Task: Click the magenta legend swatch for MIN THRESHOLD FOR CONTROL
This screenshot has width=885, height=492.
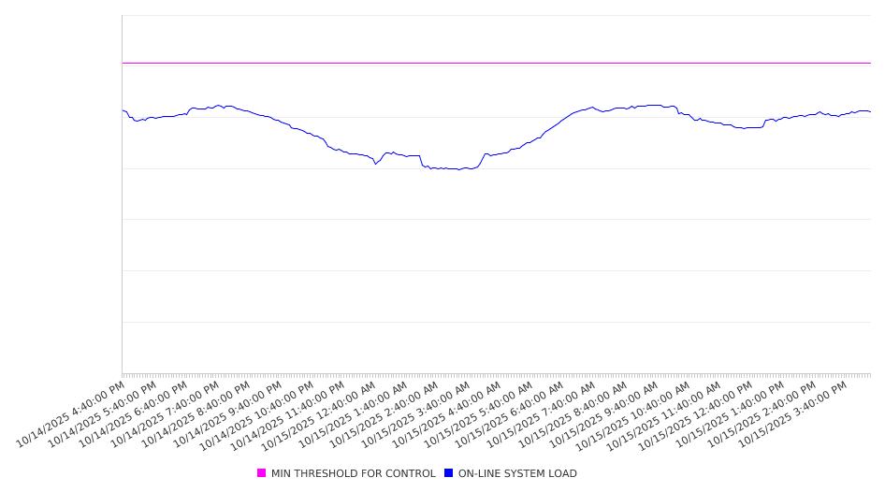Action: (261, 473)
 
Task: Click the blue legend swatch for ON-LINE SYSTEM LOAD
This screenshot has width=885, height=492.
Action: (448, 473)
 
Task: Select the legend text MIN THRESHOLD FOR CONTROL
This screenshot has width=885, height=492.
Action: (353, 473)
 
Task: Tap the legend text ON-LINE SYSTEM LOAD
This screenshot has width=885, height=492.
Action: (517, 473)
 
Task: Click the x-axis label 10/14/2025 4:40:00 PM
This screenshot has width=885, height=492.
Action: (71, 413)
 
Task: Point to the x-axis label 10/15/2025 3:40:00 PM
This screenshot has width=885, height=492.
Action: (793, 413)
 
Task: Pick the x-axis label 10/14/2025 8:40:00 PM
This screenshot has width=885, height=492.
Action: (196, 413)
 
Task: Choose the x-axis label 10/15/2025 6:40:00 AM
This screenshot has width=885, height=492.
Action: (511, 413)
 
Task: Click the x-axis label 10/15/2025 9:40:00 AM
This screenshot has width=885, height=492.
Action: (605, 413)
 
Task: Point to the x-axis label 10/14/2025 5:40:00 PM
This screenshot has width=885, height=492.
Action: (103, 413)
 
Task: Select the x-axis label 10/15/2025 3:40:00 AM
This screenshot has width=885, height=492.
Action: (416, 413)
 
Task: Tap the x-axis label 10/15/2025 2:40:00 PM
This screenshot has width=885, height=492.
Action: (762, 413)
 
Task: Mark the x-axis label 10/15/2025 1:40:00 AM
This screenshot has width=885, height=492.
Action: (354, 413)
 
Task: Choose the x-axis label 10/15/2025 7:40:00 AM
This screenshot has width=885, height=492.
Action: (543, 413)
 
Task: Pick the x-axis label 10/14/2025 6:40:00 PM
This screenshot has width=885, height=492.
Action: (134, 413)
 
